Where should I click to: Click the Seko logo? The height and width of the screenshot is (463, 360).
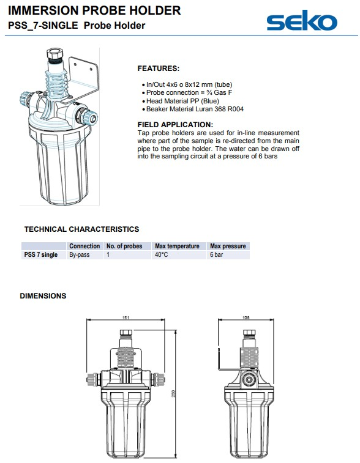302,20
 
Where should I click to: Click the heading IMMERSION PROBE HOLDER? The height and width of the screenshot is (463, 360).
94,10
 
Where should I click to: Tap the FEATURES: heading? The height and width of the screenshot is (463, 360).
159,69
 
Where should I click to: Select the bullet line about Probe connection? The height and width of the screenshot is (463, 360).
189,93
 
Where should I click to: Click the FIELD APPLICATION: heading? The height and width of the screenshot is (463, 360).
175,125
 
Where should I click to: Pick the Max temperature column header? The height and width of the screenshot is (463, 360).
177,246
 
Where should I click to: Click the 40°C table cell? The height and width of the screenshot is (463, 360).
162,254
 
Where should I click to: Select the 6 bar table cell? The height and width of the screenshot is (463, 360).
216,254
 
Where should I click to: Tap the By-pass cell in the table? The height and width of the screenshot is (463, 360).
79,254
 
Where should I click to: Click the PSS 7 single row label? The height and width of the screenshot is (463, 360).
41,254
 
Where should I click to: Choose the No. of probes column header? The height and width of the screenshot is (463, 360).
124,246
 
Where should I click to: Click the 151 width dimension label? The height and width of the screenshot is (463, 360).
126,317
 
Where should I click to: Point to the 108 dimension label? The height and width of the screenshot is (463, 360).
246,317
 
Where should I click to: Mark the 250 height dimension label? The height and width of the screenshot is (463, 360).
173,394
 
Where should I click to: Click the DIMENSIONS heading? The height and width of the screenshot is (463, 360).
43,296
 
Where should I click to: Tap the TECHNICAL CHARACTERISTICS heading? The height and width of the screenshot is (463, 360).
81,229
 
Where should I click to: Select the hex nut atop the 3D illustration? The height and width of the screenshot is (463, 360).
54,54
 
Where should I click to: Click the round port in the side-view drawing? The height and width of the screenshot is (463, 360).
249,379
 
